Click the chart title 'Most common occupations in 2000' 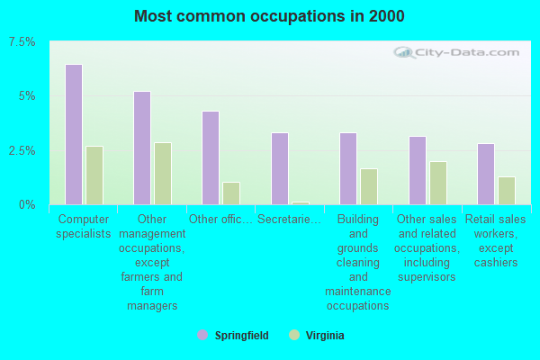click(x=269, y=16)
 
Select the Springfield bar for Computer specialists click(x=74, y=134)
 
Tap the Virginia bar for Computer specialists click(x=94, y=175)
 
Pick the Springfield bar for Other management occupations click(x=142, y=148)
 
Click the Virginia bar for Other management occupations click(x=163, y=173)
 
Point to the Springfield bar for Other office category click(x=211, y=157)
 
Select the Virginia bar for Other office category click(x=231, y=193)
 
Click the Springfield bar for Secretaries click(x=280, y=168)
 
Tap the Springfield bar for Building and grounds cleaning click(x=348, y=168)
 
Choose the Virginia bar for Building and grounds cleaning click(x=369, y=186)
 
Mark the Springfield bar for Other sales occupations click(x=418, y=170)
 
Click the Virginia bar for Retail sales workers click(x=507, y=190)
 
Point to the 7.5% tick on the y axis click(x=22, y=42)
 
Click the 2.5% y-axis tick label click(x=22, y=150)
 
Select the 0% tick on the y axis click(x=28, y=204)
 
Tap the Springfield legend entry click(x=232, y=336)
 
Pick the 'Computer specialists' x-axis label click(x=85, y=226)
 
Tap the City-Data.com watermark click(x=460, y=52)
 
